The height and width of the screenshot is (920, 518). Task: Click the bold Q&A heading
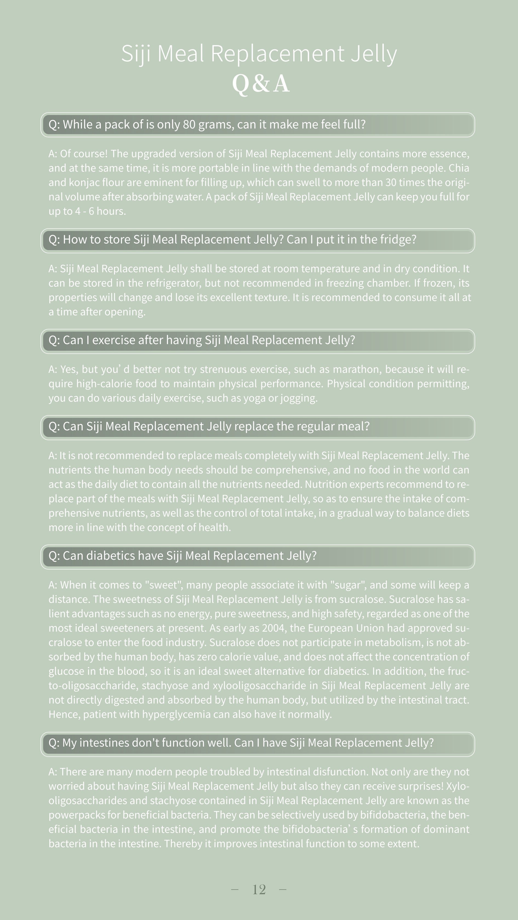tap(260, 84)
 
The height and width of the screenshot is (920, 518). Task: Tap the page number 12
tap(259, 889)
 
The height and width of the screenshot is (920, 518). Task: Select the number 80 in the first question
tap(189, 124)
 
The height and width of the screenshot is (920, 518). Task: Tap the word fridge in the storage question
tap(396, 239)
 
